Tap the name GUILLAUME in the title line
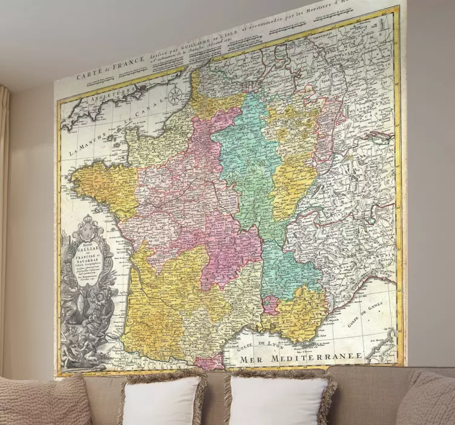[212, 39]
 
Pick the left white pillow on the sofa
[162, 401]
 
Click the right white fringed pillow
[279, 400]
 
